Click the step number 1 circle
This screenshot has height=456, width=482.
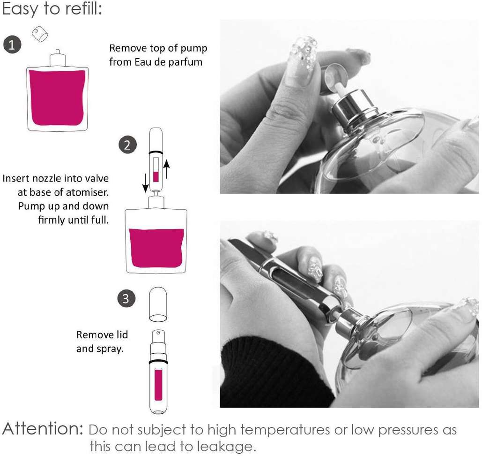[12, 45]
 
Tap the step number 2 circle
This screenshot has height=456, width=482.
[127, 144]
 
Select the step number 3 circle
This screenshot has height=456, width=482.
[126, 298]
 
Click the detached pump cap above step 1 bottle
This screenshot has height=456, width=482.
[40, 34]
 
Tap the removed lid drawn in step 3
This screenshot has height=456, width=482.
[158, 304]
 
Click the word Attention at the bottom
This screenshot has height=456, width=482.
[43, 428]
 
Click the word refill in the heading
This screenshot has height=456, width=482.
[83, 8]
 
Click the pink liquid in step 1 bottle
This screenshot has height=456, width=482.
[57, 98]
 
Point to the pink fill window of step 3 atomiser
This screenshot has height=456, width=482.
[158, 385]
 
